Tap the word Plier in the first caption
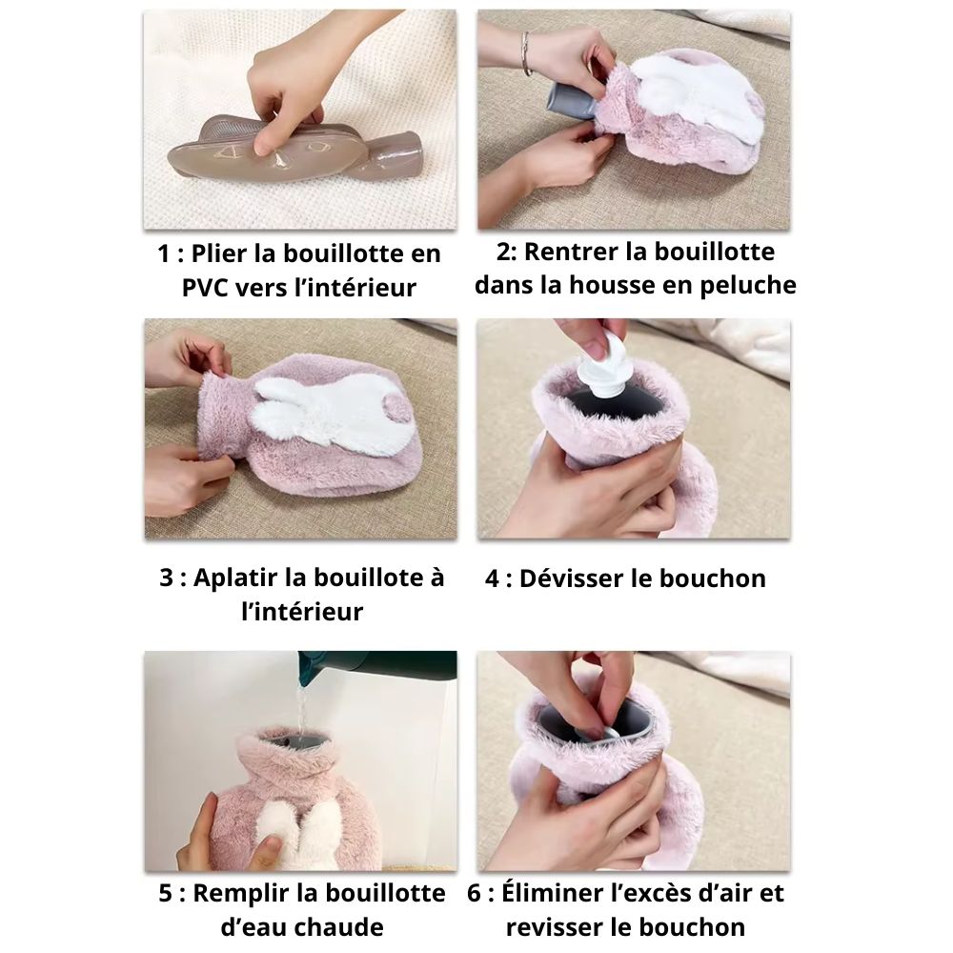point(219,254)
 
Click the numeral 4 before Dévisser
point(492,578)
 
